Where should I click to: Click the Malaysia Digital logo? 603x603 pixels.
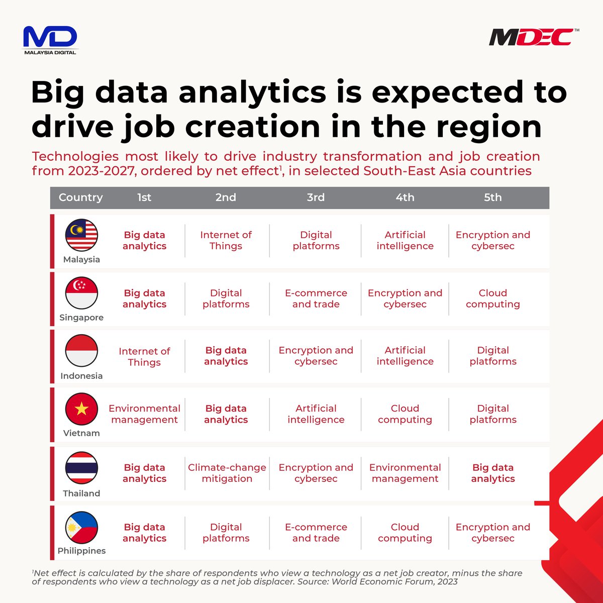50,40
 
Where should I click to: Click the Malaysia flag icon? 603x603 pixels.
81,235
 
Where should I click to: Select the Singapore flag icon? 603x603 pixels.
81,293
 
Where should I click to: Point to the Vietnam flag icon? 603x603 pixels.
81,409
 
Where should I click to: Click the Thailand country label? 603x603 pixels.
81,493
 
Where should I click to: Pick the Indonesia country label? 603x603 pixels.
81,376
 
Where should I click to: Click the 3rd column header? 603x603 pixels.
316,197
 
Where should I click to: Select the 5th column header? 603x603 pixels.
492,197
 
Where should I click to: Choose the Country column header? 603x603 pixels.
80,197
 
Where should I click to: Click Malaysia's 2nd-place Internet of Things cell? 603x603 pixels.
226,240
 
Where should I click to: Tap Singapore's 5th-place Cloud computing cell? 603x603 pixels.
492,298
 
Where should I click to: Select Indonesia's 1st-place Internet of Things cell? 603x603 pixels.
144,357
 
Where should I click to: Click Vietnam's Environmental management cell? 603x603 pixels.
144,414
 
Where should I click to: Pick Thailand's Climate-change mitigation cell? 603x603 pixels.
227,473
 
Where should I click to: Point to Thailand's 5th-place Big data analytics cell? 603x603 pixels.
492,473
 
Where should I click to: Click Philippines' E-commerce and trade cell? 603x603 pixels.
316,533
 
